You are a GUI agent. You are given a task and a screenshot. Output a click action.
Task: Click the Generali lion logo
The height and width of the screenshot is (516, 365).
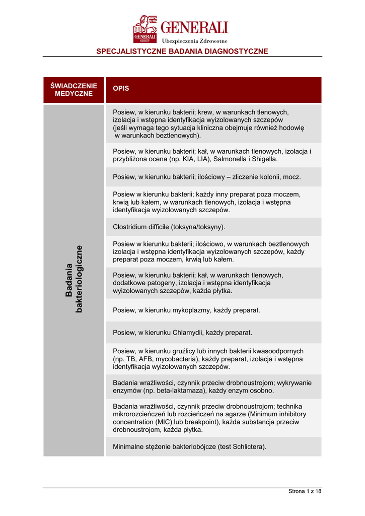[x=145, y=29]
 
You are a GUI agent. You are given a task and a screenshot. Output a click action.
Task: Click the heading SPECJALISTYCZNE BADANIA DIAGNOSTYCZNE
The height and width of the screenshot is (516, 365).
[x=182, y=51]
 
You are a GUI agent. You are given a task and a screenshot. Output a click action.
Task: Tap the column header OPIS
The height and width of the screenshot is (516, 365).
[x=121, y=88]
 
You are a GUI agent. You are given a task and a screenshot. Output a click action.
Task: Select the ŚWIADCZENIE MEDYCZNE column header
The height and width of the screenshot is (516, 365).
[x=74, y=90]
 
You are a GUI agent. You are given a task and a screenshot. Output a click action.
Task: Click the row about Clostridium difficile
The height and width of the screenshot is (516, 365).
[x=169, y=227]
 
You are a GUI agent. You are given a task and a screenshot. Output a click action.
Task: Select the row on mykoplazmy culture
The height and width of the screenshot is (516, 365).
[x=186, y=310]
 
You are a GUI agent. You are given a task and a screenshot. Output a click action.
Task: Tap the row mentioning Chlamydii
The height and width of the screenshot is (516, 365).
[x=182, y=333]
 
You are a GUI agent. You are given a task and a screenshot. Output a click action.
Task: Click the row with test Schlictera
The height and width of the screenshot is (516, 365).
[x=189, y=446]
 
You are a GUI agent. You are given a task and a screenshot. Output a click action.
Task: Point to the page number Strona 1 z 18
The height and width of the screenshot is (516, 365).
[x=305, y=491]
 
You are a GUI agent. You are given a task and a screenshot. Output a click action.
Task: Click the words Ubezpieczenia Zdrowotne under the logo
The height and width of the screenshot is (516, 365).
[x=194, y=40]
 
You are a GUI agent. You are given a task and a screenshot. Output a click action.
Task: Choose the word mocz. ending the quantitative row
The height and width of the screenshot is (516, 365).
[x=292, y=177]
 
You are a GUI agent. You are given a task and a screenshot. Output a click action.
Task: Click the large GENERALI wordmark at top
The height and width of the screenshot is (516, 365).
[x=194, y=27]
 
